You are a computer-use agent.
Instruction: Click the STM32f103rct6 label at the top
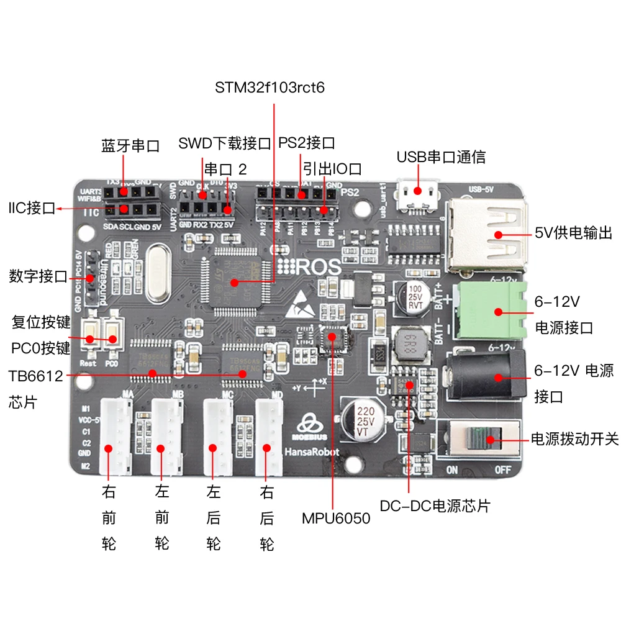click(270, 88)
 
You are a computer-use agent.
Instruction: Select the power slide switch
click(479, 440)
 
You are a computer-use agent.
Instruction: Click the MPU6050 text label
click(336, 517)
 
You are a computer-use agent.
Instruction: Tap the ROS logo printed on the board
click(310, 268)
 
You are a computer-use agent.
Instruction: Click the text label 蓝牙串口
click(130, 146)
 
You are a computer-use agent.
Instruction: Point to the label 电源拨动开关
click(574, 439)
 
